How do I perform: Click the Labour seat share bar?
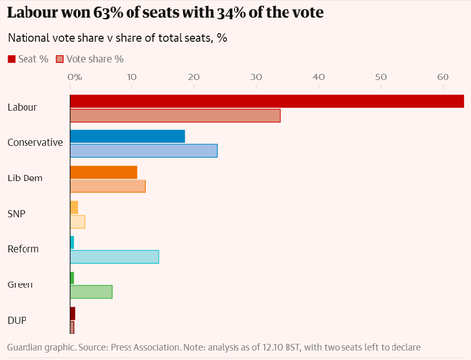pyautogui.click(x=265, y=100)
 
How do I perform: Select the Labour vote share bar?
pyautogui.click(x=175, y=115)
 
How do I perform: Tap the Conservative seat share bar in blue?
pyautogui.click(x=128, y=136)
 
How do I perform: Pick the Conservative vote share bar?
pyautogui.click(x=143, y=150)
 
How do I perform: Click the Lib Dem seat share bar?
pyautogui.click(x=103, y=172)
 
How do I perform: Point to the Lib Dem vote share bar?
pyautogui.click(x=108, y=185)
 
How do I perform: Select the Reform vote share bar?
pyautogui.click(x=114, y=256)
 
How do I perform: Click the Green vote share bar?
pyautogui.click(x=91, y=291)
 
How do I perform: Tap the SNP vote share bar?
pyautogui.click(x=78, y=221)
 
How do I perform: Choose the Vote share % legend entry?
pyautogui.click(x=93, y=58)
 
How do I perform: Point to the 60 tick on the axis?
pyautogui.click(x=442, y=77)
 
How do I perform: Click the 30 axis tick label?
pyautogui.click(x=256, y=77)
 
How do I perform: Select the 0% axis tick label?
pyautogui.click(x=75, y=77)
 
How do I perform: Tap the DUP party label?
pyautogui.click(x=17, y=320)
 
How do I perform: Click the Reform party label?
pyautogui.click(x=23, y=249)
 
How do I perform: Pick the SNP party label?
pyautogui.click(x=16, y=213)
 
